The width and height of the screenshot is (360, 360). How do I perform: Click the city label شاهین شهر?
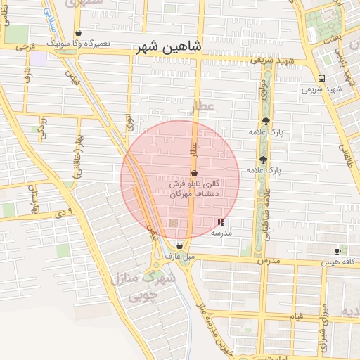point(172,46)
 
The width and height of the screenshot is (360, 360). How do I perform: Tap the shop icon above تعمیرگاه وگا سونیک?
point(78,33)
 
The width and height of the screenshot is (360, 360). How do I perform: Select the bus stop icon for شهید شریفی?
point(321,78)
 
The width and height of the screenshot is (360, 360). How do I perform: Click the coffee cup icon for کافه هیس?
point(337,251)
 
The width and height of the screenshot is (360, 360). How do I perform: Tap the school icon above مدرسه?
point(221,221)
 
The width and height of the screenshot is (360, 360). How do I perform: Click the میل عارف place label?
point(179,257)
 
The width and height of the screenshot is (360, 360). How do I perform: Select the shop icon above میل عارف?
point(179,246)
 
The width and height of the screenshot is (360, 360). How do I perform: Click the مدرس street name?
point(270,261)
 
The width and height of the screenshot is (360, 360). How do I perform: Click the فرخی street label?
point(25,46)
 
